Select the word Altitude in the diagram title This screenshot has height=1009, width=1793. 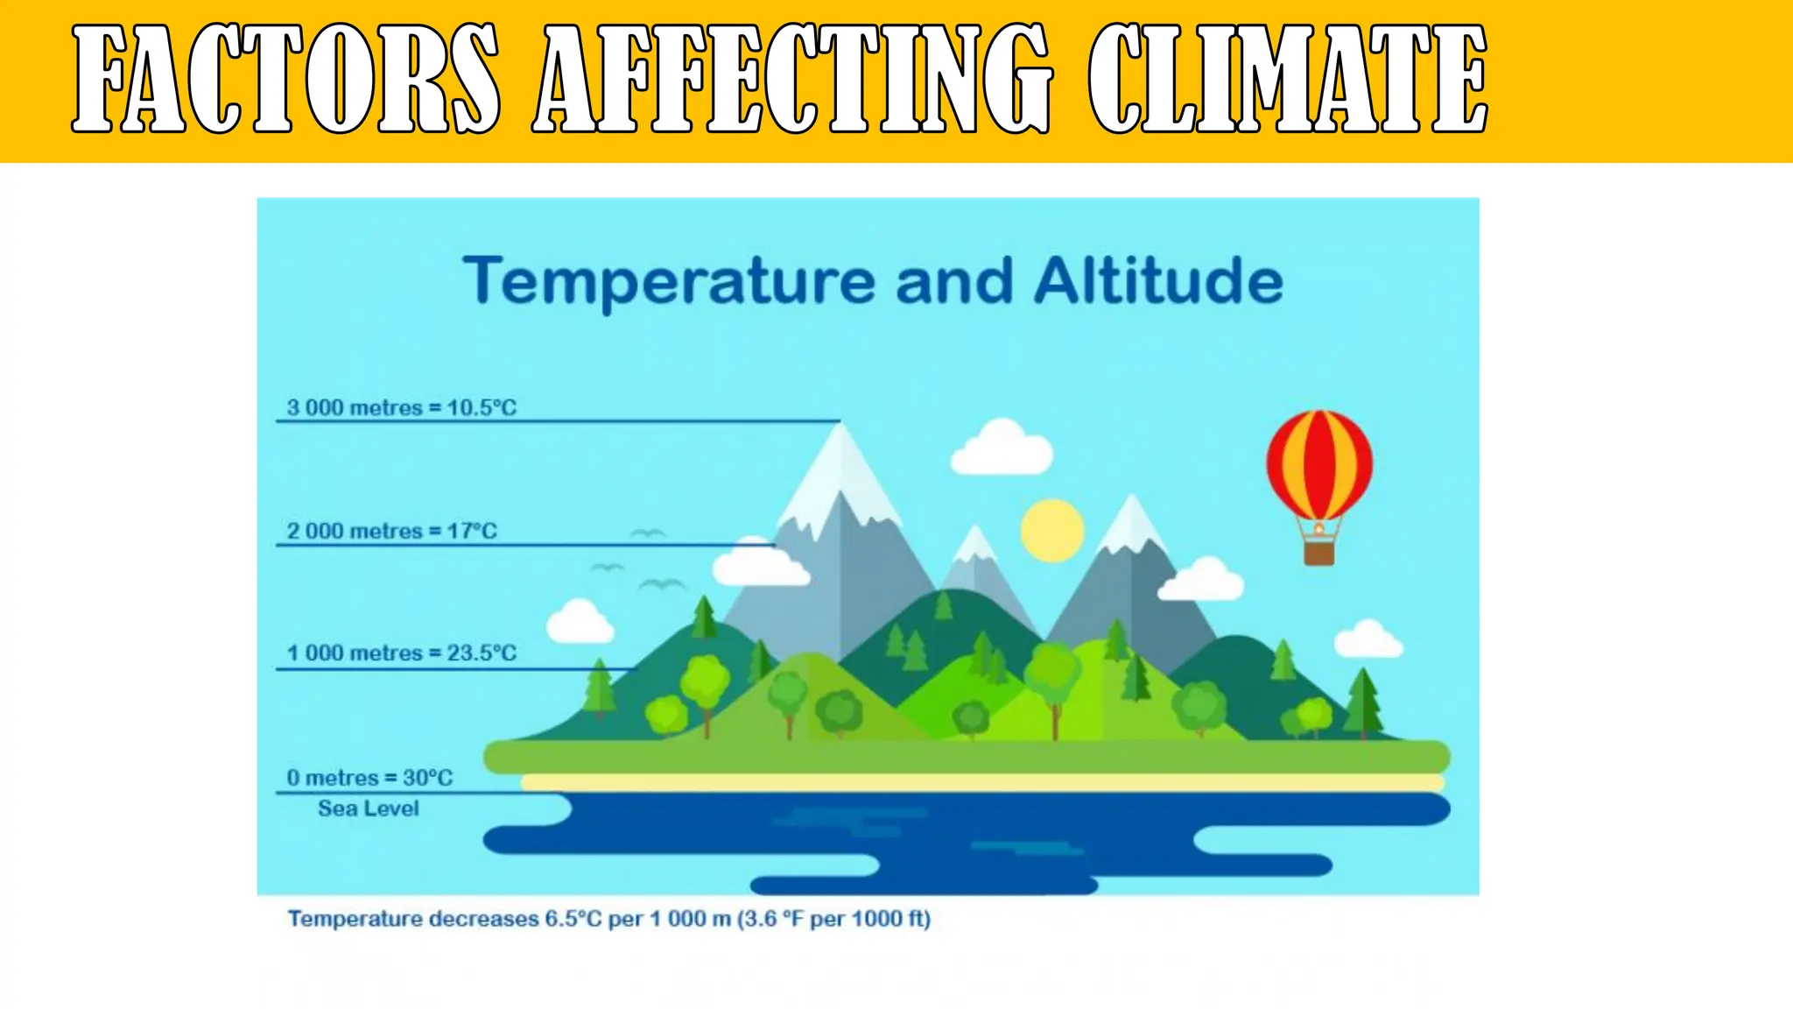coord(1158,282)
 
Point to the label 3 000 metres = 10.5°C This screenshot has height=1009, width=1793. coord(402,407)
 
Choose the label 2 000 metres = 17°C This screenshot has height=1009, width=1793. coord(391,531)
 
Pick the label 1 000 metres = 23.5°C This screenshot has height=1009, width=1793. coord(402,653)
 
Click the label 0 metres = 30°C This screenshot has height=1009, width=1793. coord(369,778)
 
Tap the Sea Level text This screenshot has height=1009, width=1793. coord(368,808)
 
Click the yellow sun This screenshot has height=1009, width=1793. coord(1052,531)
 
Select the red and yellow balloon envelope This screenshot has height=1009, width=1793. coord(1319,464)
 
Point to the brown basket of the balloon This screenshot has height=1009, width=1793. coord(1319,552)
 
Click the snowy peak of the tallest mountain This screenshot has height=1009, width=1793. coord(840,464)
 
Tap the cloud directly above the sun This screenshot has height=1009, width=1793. coord(1002,448)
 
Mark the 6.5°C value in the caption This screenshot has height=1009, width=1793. coord(573,919)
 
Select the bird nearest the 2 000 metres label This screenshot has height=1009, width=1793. coord(648,533)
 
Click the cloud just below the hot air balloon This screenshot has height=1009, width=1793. coord(1201,581)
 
